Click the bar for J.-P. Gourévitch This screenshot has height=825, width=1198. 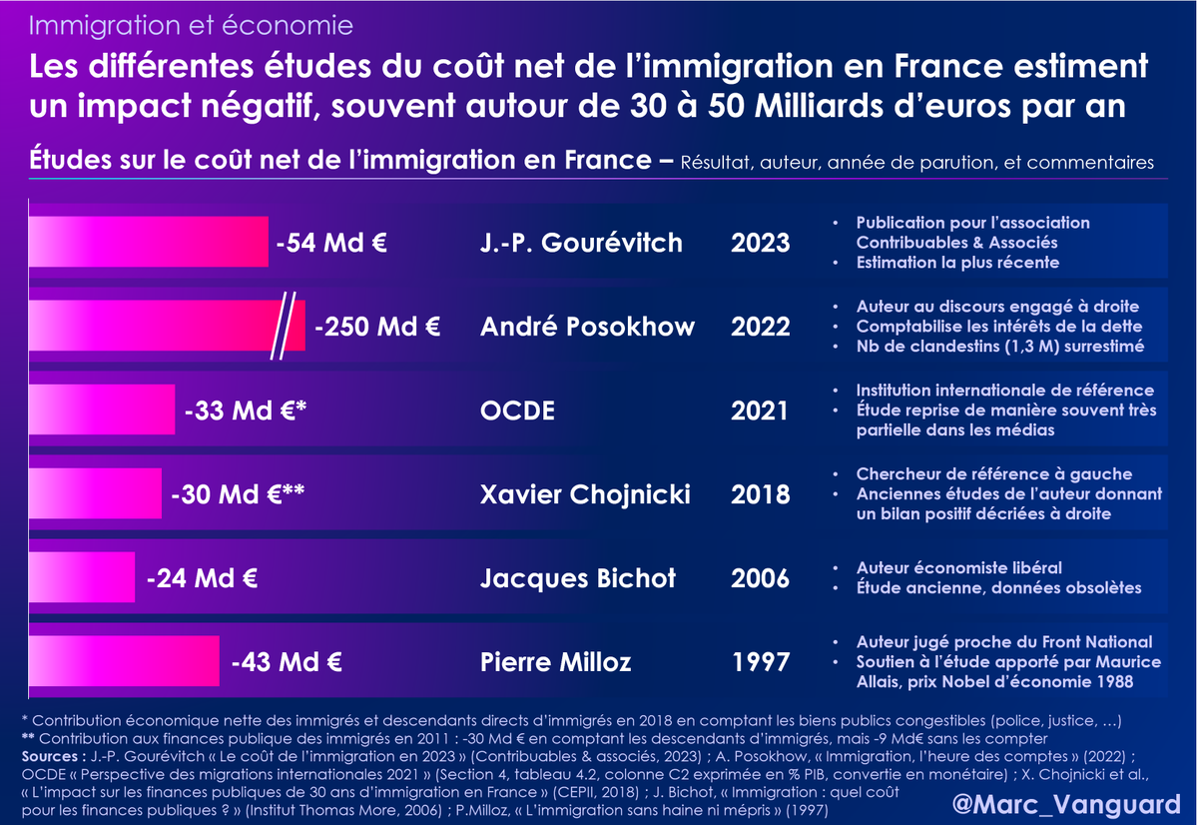coord(149,242)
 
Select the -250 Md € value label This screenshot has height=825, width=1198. coord(378,327)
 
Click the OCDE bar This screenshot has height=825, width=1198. coord(102,411)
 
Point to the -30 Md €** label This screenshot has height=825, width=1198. coord(238,493)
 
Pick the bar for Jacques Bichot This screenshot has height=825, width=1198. coord(82,577)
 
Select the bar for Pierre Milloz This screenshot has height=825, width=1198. coord(124,660)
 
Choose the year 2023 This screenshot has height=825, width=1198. coord(760,243)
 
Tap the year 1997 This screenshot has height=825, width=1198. coord(760,661)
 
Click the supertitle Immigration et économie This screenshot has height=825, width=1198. coord(191,23)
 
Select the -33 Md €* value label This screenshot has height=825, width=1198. coord(246,411)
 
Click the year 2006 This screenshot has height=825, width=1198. coord(760,577)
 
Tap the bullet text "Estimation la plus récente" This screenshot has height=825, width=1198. coord(956,263)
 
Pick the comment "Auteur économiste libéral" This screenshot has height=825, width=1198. coord(958,567)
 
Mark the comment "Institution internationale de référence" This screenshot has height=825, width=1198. coord(1004,391)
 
